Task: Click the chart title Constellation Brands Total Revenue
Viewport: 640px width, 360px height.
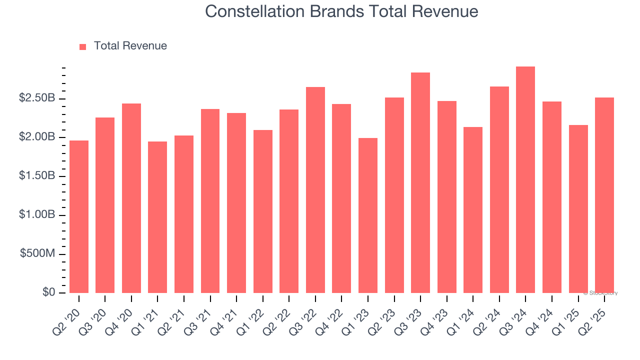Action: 341,11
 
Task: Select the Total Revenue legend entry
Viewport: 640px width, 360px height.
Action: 130,46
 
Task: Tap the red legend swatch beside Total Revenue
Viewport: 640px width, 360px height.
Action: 83,46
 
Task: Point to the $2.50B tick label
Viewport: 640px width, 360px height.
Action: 37,98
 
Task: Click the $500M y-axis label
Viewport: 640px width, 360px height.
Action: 37,254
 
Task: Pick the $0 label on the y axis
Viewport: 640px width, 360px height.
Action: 48,292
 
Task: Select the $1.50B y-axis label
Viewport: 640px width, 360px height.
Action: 37,176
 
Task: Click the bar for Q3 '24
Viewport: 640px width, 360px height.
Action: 525,180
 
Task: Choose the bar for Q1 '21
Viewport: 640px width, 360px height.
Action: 157,217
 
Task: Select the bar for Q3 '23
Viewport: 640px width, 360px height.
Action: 420,183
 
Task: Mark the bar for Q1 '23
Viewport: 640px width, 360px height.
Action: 368,215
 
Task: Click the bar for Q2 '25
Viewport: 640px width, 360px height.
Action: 604,195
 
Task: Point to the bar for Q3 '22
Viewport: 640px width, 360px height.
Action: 315,190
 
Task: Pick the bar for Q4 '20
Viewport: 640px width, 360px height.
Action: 131,198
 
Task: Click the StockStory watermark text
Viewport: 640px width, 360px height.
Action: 600,293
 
